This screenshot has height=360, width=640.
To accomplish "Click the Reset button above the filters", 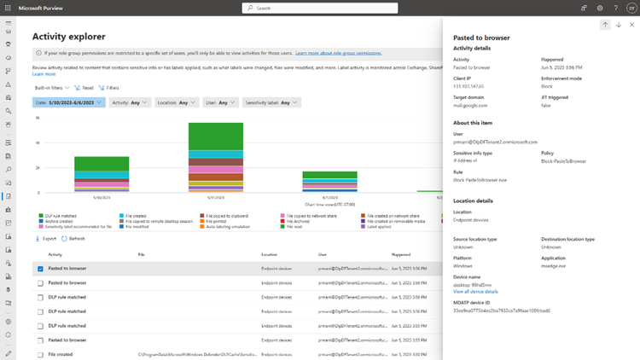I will [84, 88].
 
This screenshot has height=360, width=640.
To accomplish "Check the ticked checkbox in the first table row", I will [40, 269].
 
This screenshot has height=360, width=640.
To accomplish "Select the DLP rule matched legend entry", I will [59, 216].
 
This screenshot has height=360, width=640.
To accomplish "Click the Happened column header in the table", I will [401, 254].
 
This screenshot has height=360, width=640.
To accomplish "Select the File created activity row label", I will [61, 353].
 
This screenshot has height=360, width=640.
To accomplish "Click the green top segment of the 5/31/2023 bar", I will [216, 136].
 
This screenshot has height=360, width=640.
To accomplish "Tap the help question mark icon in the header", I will [615, 8].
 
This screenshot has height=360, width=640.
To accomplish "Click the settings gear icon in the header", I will [600, 8].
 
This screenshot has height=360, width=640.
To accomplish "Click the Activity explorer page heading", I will [69, 37].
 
